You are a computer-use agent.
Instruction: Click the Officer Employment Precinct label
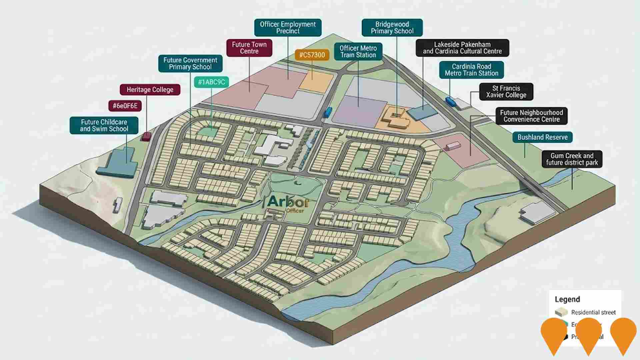point(288,28)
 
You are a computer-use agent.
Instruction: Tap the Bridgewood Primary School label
point(392,28)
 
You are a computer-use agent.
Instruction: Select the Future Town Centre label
point(249,48)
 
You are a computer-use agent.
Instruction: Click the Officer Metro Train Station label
point(358,52)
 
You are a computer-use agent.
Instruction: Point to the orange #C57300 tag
point(312,55)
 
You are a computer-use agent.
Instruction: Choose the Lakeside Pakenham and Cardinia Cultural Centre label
point(462,48)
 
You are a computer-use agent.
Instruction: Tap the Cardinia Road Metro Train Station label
point(471,70)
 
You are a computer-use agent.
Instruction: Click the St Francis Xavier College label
point(506,92)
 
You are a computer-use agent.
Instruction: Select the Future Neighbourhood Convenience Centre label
point(531,116)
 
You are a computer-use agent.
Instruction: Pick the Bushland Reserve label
point(542,137)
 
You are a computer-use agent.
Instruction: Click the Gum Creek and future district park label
point(572,159)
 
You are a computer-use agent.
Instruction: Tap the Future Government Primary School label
point(190,64)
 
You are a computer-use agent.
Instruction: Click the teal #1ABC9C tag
point(211,82)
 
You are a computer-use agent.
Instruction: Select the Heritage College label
point(150,90)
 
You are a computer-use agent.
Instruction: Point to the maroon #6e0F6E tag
point(125,106)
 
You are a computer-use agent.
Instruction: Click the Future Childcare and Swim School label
point(104,125)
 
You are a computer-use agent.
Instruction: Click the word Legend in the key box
point(567,299)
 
